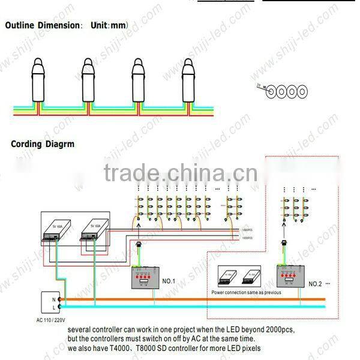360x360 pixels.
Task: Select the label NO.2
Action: click(x=316, y=283)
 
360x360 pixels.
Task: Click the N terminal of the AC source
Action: click(x=53, y=299)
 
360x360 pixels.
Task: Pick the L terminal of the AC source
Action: click(x=53, y=307)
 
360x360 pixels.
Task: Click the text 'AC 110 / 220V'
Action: click(x=50, y=321)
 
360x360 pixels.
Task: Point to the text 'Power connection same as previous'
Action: click(x=246, y=292)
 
